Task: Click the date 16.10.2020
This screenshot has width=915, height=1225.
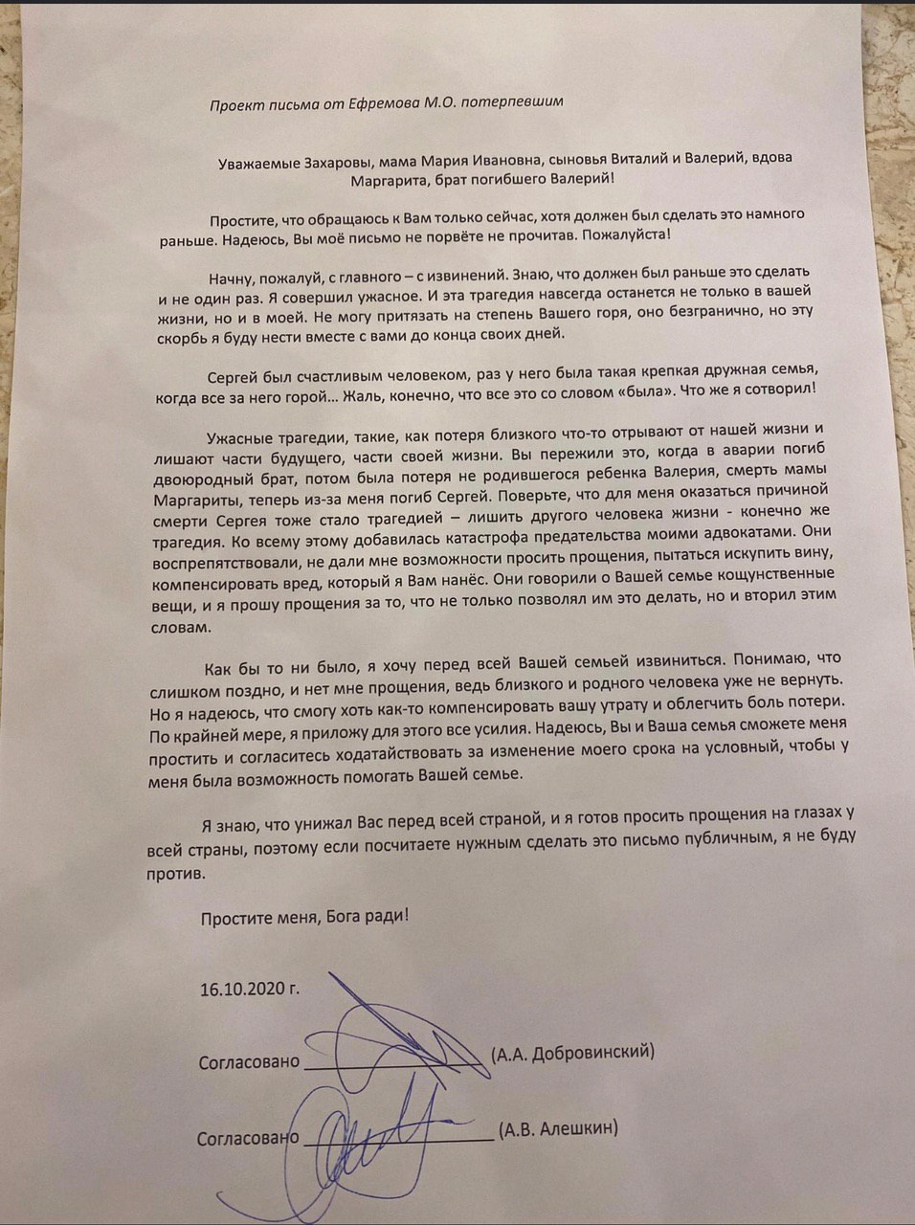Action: tap(242, 989)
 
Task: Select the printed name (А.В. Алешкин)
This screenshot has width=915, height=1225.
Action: tap(557, 1129)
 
